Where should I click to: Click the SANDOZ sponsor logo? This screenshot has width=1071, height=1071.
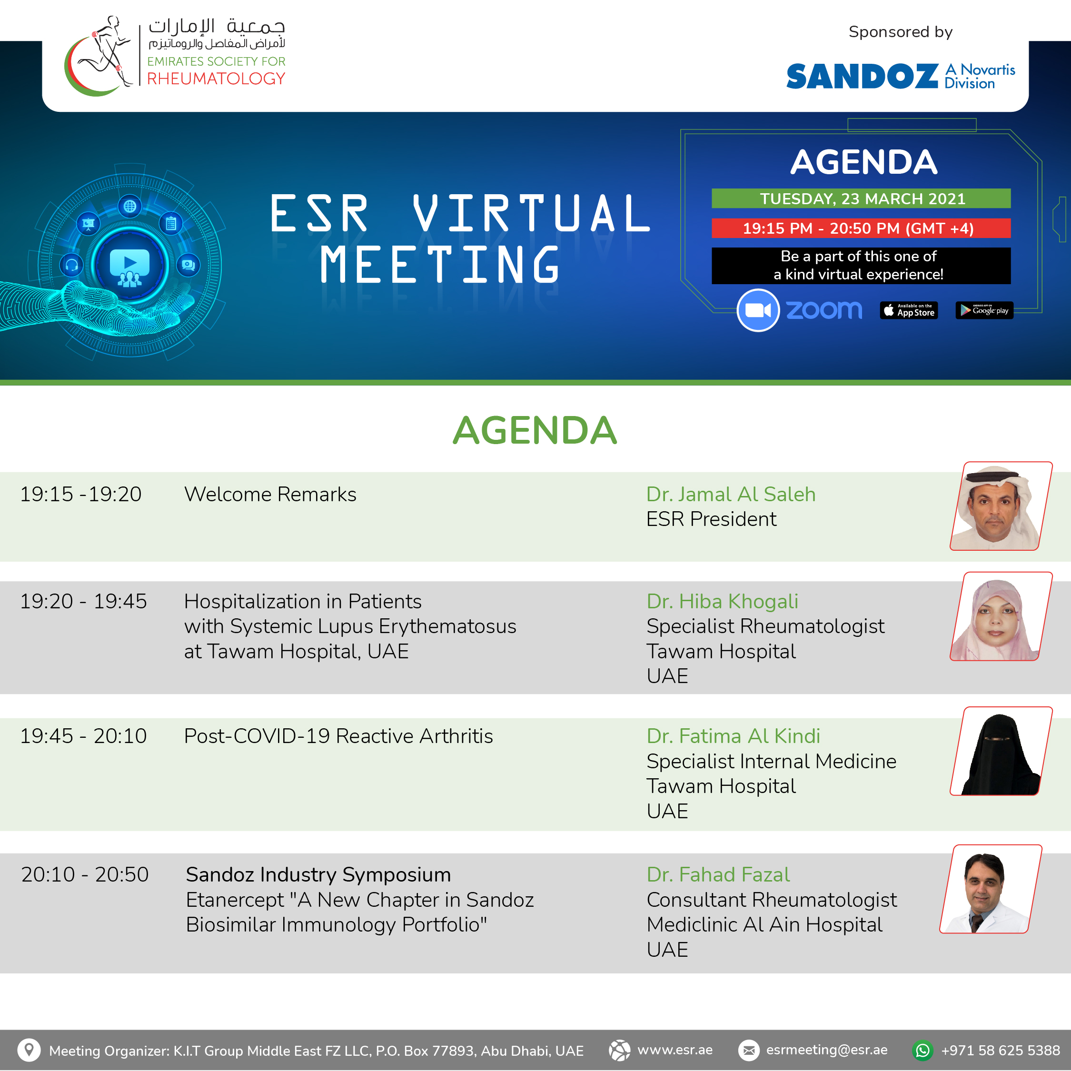point(900,76)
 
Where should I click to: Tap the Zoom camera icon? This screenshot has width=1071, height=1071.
point(758,310)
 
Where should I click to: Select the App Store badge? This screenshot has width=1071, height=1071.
point(909,310)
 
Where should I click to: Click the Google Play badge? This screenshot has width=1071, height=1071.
point(984,310)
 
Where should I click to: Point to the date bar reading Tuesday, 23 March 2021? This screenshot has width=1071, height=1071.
point(861,198)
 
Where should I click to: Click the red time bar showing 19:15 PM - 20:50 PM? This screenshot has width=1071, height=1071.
point(861,228)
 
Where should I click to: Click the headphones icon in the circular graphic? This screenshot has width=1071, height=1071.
point(71,265)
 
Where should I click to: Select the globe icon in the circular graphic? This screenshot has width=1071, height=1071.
point(130,206)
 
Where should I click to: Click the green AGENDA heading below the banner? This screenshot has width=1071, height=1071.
point(535,430)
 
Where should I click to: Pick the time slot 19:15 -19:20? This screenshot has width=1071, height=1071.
point(81,494)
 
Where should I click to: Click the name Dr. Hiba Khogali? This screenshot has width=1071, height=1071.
point(722,602)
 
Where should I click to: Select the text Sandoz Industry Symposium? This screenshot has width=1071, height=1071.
point(318,875)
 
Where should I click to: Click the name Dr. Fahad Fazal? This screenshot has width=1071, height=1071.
point(718,875)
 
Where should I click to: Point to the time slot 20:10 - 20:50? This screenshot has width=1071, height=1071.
point(85,875)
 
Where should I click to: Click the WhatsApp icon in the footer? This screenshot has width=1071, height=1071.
point(923,1051)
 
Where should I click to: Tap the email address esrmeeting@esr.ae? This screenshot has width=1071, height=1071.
point(826,1050)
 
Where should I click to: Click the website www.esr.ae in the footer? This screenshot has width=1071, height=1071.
point(675,1050)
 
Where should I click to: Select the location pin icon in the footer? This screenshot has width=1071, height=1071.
point(29,1050)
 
